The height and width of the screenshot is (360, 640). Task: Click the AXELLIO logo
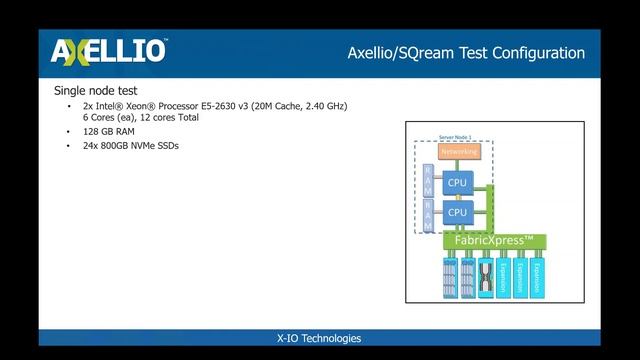(x=109, y=51)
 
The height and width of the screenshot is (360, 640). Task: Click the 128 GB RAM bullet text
(x=106, y=131)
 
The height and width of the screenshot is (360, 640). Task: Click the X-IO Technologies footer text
(x=319, y=338)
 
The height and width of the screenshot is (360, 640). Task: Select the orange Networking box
(x=459, y=152)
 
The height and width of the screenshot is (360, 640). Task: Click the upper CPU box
(x=457, y=182)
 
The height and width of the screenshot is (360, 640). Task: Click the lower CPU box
(x=457, y=212)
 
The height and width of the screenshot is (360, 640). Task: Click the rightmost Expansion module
(x=537, y=276)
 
